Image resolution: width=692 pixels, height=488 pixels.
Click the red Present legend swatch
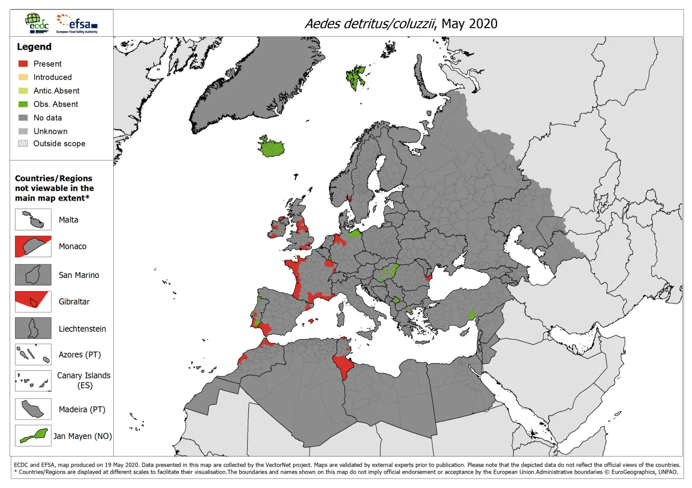tap(22, 63)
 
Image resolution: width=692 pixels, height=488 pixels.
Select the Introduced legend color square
tap(22, 77)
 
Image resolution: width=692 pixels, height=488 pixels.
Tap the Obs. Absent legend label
tap(56, 104)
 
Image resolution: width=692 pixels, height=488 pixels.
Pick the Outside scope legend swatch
tap(22, 143)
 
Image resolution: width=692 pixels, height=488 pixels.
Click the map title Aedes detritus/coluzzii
tap(400, 23)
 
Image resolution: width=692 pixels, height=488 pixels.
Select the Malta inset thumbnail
tap(33, 220)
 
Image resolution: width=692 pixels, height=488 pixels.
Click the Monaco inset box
tap(33, 246)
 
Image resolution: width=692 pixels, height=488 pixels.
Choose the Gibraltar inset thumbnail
tap(33, 301)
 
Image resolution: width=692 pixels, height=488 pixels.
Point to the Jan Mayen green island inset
tap(33, 436)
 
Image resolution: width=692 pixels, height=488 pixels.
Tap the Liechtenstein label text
tap(82, 329)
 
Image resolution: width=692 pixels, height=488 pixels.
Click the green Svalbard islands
tap(355, 75)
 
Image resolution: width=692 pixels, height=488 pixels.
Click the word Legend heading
tap(34, 47)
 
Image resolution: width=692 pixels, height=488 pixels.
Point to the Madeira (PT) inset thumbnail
tap(33, 409)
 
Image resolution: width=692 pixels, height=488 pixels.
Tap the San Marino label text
tap(79, 275)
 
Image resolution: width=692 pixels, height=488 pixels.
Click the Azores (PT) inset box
tap(33, 354)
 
